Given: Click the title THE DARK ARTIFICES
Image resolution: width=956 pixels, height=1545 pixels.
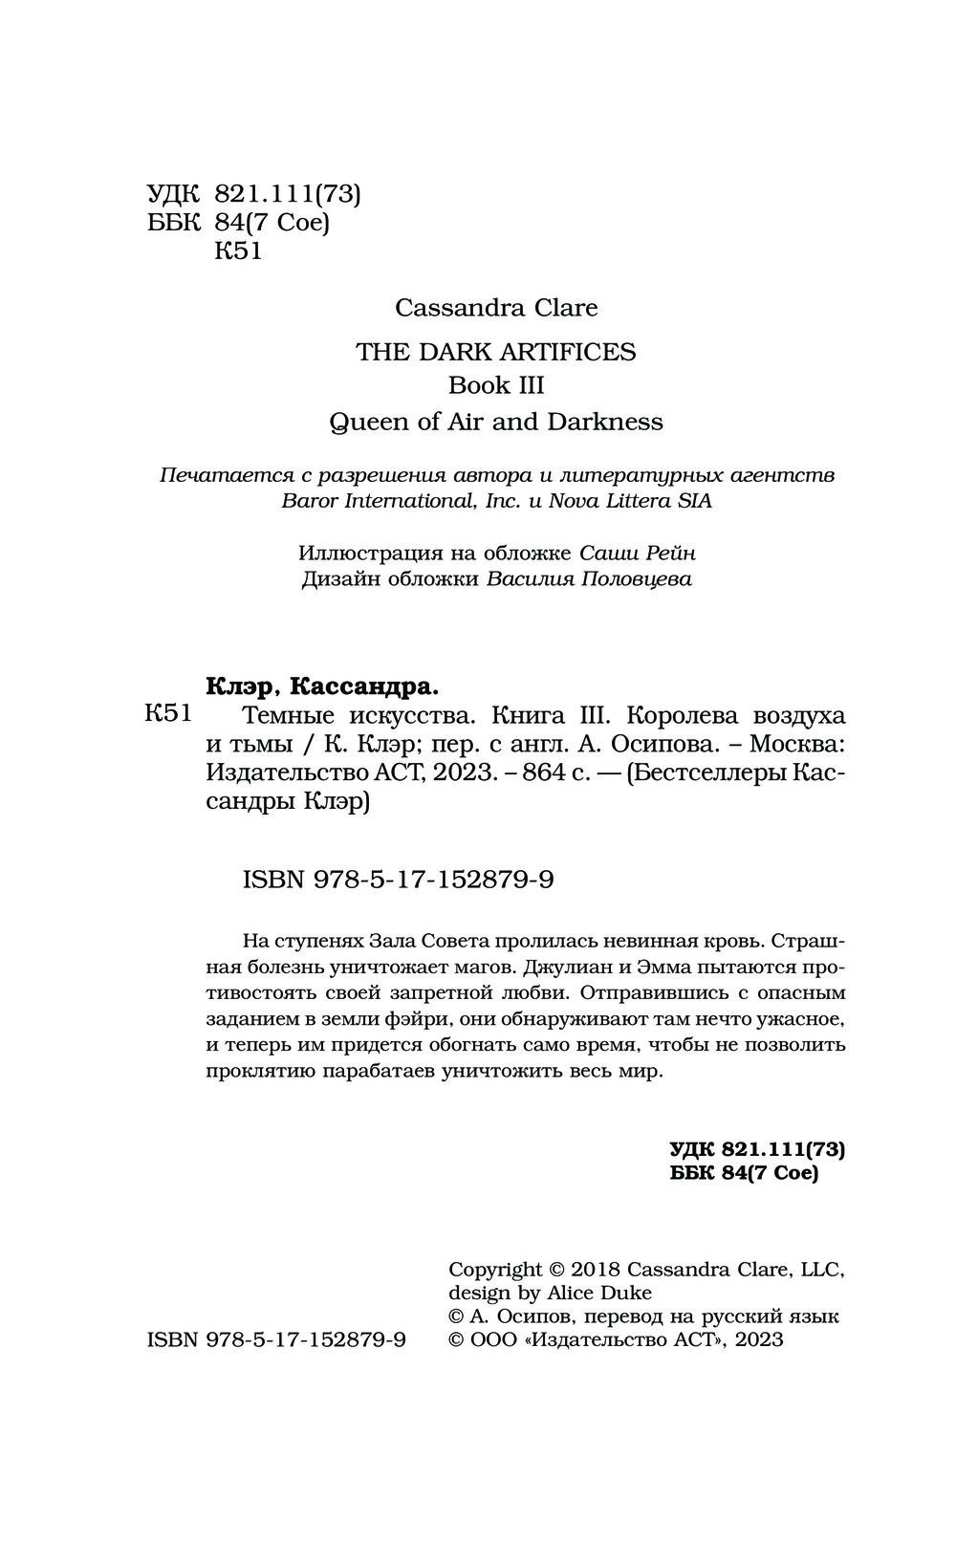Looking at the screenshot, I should [x=495, y=352].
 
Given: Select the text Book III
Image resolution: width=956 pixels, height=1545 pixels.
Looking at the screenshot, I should [x=495, y=385].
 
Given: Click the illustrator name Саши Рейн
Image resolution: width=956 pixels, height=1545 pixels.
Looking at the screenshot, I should [x=638, y=553].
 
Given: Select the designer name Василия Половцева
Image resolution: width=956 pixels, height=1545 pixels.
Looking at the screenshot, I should [x=589, y=579].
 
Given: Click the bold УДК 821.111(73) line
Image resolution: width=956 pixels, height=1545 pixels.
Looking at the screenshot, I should [x=756, y=1148].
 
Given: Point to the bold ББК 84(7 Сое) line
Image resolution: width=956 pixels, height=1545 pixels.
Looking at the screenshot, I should [x=744, y=1173].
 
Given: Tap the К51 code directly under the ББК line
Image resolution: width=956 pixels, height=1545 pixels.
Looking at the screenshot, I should [x=238, y=251].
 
